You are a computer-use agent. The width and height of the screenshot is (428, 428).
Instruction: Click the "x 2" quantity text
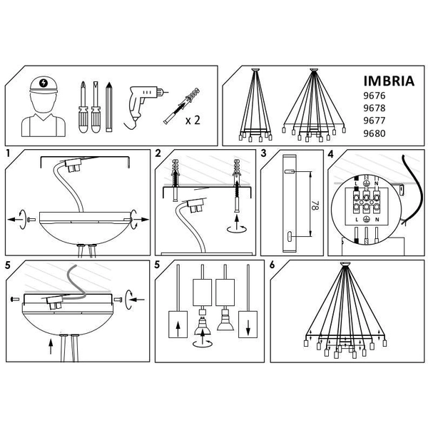click(193, 120)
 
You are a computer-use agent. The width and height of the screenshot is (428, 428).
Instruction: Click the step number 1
click(7, 153)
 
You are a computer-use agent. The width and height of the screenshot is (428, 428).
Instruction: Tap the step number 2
click(158, 153)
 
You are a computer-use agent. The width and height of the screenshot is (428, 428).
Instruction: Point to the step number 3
click(263, 153)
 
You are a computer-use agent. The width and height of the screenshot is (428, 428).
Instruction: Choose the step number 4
click(330, 153)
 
